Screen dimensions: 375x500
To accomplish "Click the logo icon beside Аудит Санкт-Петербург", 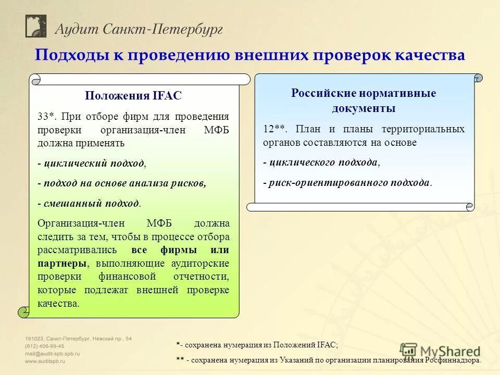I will click(x=36, y=26).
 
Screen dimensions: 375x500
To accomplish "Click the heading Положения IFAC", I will click(x=133, y=96).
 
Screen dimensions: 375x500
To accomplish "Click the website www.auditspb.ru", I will click(x=46, y=360).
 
